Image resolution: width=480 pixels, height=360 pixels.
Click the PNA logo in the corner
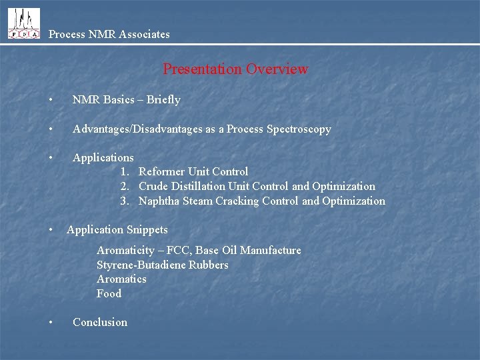[23, 23]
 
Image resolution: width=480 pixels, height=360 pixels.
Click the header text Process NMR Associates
[109, 34]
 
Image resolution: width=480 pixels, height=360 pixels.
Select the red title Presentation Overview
[235, 69]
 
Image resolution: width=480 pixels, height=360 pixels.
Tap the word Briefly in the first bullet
[163, 100]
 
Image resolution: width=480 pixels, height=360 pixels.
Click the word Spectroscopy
[299, 129]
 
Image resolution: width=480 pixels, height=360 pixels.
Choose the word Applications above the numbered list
[103, 158]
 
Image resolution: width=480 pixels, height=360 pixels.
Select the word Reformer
[162, 172]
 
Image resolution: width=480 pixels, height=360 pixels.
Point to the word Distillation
[199, 187]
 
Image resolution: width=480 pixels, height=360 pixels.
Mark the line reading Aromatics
[121, 279]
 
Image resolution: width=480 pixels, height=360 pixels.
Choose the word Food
[109, 294]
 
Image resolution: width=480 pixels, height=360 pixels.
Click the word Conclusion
[99, 323]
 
